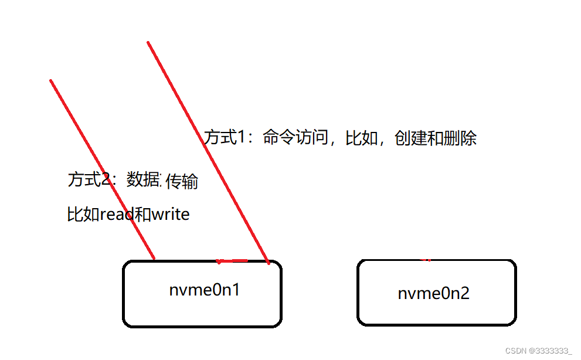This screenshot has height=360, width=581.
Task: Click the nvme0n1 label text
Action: click(204, 290)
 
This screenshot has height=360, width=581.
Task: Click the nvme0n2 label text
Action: click(433, 293)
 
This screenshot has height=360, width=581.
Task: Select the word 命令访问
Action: click(295, 138)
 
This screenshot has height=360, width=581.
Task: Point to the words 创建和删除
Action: click(436, 138)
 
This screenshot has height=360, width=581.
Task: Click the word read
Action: click(117, 215)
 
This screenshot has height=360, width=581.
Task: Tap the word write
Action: click(171, 215)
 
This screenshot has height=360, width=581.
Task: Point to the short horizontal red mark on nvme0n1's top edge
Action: click(232, 261)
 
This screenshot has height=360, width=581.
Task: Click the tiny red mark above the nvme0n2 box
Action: click(426, 259)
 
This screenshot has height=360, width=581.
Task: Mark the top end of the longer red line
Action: click(148, 42)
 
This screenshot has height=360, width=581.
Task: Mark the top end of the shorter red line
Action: click(51, 80)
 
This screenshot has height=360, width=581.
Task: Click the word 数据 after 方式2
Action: click(143, 179)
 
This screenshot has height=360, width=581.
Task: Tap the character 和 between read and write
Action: click(142, 215)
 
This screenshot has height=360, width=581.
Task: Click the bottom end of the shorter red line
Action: click(154, 258)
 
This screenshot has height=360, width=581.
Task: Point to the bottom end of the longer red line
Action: click(269, 263)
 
